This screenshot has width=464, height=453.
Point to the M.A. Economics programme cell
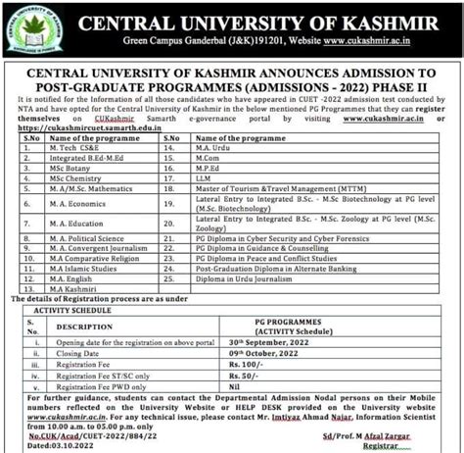pos(75,206)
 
